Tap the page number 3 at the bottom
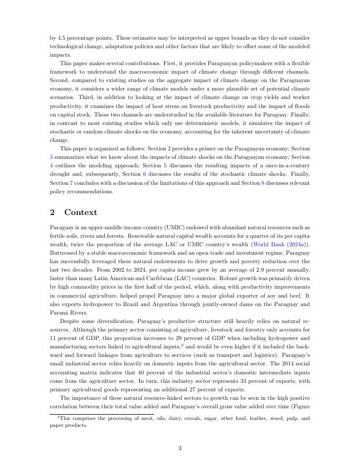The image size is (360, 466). (180, 448)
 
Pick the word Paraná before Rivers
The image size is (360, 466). (58, 312)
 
